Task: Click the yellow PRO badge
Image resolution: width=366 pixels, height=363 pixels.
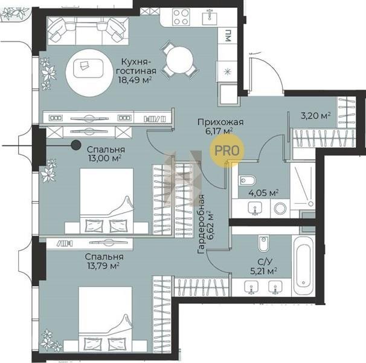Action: tap(227, 151)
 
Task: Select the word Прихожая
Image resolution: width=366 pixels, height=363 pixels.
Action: tap(220, 122)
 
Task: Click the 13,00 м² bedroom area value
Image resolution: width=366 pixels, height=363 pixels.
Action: tap(104, 159)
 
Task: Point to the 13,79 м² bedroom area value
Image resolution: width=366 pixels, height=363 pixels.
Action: tap(103, 266)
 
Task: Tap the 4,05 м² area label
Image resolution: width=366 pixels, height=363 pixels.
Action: tap(263, 193)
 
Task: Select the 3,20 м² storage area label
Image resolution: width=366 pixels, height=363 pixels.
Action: tap(316, 116)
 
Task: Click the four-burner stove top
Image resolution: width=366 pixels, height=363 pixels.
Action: tap(181, 17)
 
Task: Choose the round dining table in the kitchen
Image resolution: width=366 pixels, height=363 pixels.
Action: tap(180, 60)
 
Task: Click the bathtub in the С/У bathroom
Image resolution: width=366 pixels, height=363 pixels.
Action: tap(303, 266)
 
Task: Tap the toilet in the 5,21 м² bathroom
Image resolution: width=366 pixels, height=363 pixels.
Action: tap(264, 243)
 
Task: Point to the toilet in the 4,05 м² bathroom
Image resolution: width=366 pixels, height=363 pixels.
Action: tap(248, 180)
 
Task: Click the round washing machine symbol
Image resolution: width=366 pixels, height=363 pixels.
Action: tap(280, 208)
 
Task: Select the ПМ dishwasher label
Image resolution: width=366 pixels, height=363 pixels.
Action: tap(228, 36)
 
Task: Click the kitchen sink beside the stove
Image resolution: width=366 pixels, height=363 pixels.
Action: tap(210, 18)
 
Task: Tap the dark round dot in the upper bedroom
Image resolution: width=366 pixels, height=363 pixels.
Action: tap(76, 145)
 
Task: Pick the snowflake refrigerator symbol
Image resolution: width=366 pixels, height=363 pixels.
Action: tap(227, 71)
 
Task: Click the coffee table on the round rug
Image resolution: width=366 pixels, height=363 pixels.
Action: tap(88, 68)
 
